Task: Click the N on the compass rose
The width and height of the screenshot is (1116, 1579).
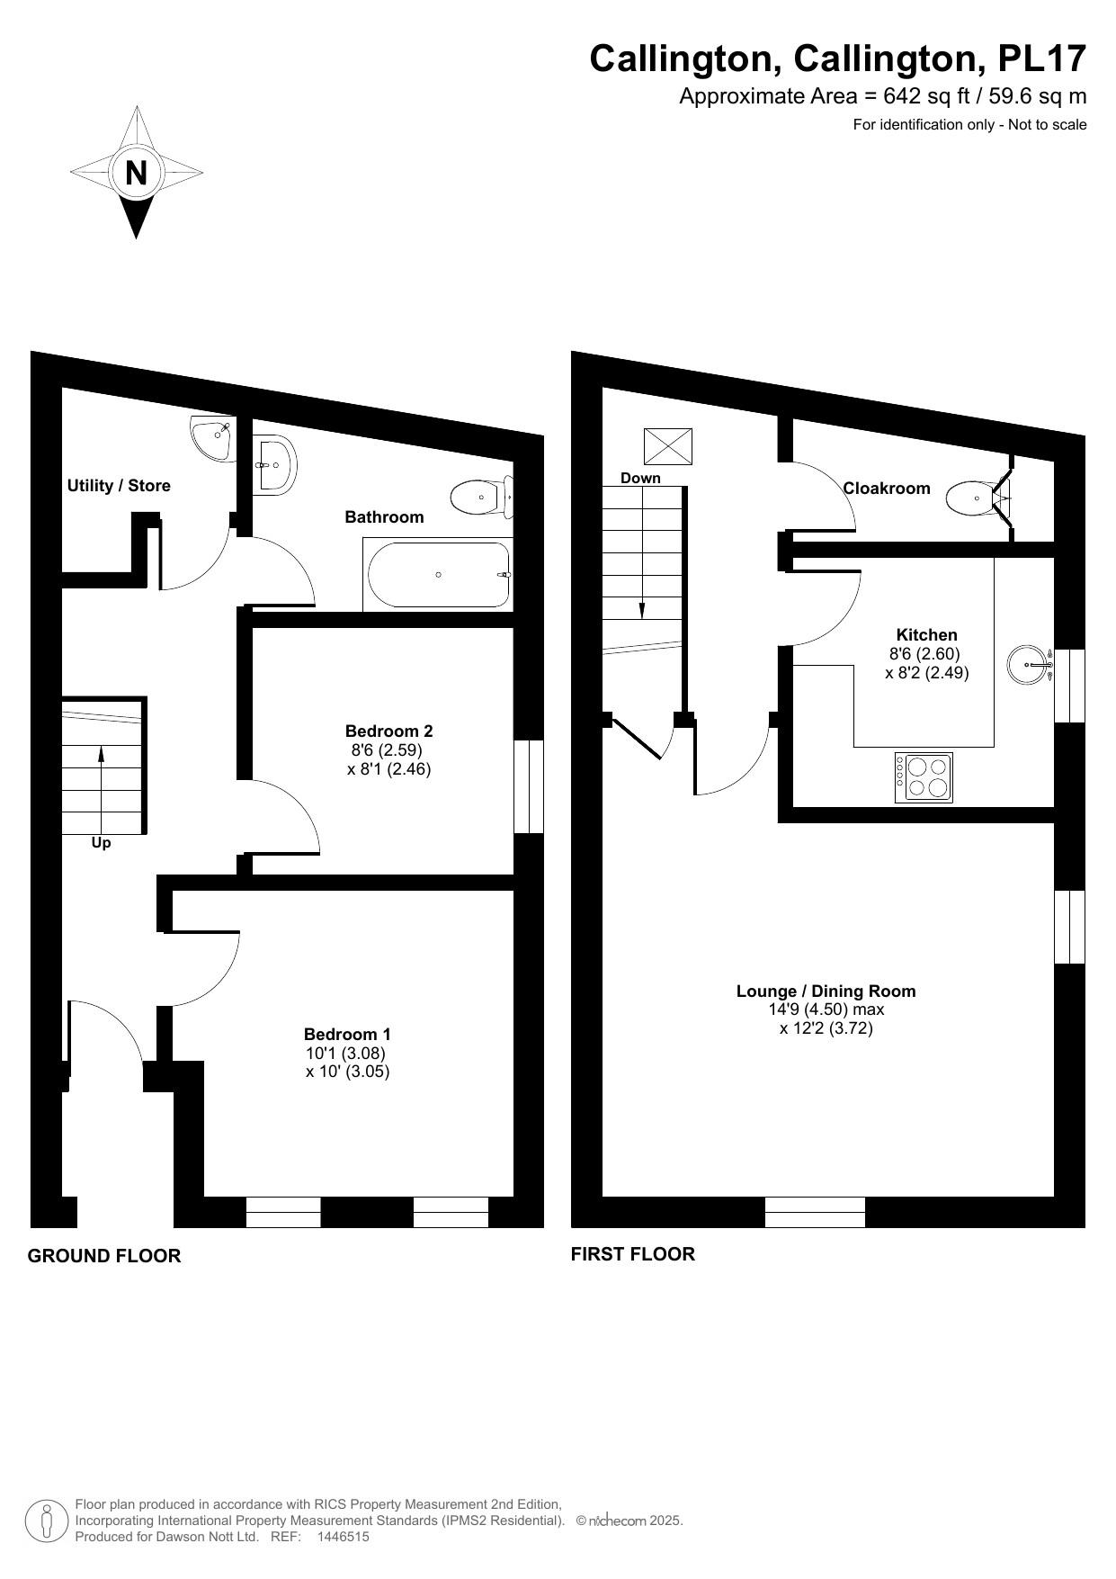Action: [x=136, y=172]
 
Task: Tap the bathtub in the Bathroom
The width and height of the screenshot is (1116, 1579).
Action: [x=438, y=574]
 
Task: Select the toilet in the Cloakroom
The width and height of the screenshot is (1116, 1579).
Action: [x=977, y=497]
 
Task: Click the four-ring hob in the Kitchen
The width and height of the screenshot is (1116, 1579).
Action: [x=924, y=777]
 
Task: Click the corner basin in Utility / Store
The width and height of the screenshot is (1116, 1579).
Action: [x=212, y=438]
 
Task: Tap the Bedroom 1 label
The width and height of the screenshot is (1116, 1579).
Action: [x=347, y=1034]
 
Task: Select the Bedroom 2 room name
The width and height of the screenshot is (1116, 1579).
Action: [x=388, y=731]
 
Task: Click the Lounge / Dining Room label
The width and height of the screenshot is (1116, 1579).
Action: [x=826, y=991]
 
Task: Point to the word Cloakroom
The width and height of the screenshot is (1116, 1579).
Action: [x=886, y=488]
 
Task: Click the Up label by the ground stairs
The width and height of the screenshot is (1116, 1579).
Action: [x=101, y=843]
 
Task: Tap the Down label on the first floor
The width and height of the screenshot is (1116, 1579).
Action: [x=640, y=478]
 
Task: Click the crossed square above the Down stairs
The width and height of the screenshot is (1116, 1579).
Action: [x=668, y=446]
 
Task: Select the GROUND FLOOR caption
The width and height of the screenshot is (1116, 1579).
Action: [x=104, y=1256]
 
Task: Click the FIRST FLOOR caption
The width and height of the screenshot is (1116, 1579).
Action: [x=632, y=1254]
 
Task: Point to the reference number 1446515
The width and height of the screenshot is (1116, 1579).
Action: [x=343, y=1537]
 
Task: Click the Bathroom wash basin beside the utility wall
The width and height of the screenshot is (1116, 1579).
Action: [x=273, y=464]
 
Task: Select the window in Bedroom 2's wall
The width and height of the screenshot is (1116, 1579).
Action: [x=529, y=786]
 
